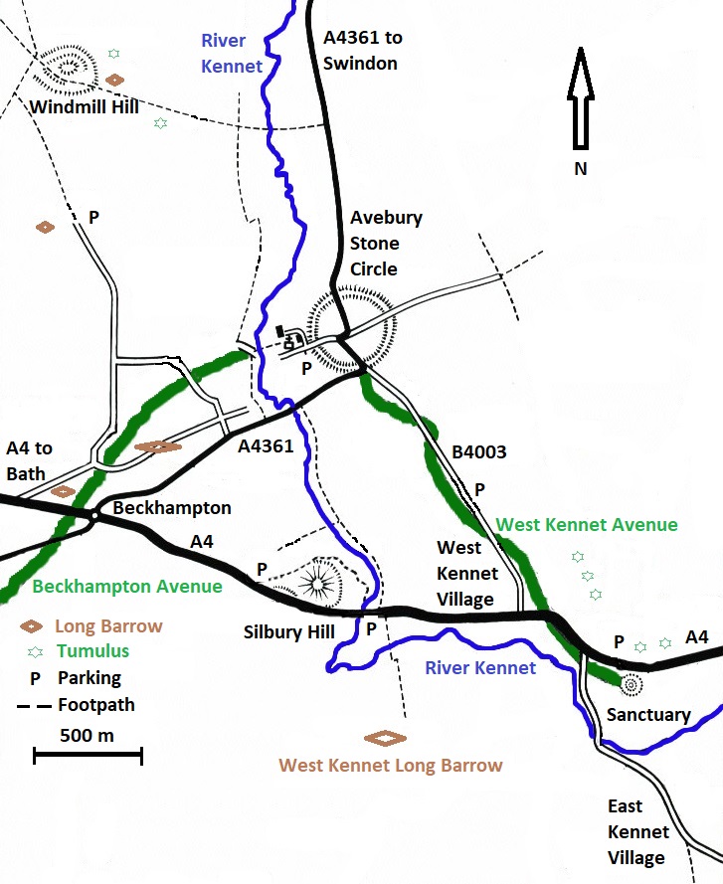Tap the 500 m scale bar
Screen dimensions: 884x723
pyautogui.click(x=89, y=756)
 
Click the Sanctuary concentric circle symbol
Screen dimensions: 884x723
pyautogui.click(x=630, y=684)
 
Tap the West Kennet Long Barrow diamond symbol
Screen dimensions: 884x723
pyautogui.click(x=385, y=738)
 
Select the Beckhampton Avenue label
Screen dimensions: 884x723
pyautogui.click(x=127, y=586)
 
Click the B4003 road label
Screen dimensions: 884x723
pyautogui.click(x=479, y=452)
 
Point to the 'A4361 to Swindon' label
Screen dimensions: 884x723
pyautogui.click(x=363, y=51)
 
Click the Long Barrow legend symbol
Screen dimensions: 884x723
pyautogui.click(x=33, y=627)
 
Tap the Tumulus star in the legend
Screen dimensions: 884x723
pyautogui.click(x=36, y=652)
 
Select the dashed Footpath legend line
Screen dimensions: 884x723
pyautogui.click(x=35, y=706)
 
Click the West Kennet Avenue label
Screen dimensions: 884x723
pyautogui.click(x=587, y=524)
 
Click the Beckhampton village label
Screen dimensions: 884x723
pyautogui.click(x=172, y=508)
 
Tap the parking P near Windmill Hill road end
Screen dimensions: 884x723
pyautogui.click(x=94, y=216)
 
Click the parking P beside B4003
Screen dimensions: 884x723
pyautogui.click(x=479, y=489)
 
